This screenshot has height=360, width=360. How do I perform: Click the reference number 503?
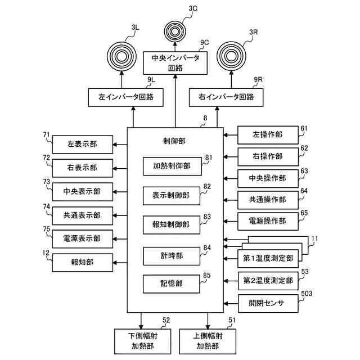[307, 294]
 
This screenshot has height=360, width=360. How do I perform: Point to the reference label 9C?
[204, 43]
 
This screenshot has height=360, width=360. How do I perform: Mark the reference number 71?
[46, 134]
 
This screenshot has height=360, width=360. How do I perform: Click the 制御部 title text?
[174, 141]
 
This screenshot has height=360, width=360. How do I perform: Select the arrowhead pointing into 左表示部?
[115, 145]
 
